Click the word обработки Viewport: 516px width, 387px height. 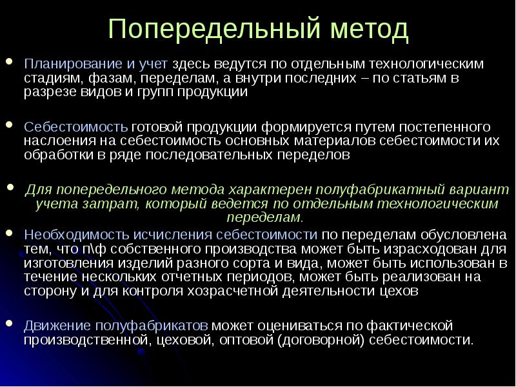pos(57,154)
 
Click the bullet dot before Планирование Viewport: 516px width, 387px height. pos(8,63)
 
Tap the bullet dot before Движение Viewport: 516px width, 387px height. pos(8,324)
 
